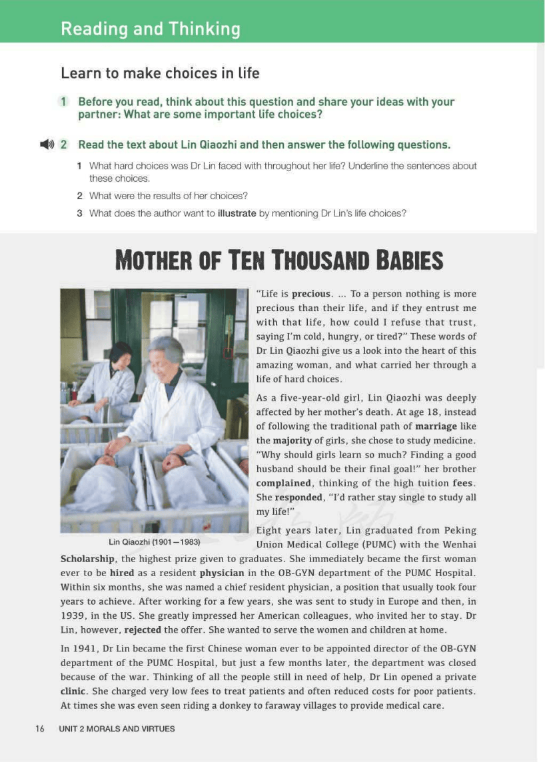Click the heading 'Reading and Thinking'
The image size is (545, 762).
tap(151, 29)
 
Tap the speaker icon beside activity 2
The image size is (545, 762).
tap(46, 145)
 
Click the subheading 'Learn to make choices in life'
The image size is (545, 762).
tap(160, 73)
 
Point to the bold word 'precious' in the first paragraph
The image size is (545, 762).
tap(311, 294)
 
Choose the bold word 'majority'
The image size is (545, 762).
tap(291, 440)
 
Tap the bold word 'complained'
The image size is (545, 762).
tap(284, 483)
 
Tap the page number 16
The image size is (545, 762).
tap(40, 729)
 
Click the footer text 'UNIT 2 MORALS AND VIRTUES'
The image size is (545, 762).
tap(117, 729)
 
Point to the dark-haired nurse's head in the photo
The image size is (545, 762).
tap(121, 354)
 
